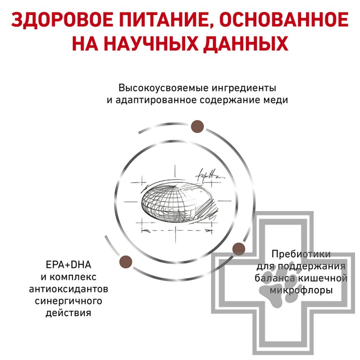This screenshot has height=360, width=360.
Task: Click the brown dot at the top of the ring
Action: pos(197,126)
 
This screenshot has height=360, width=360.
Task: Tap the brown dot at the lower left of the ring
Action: pos(125,261)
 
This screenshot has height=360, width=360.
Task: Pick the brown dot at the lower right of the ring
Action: pos(239,249)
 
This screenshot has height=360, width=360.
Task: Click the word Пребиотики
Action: pos(301,254)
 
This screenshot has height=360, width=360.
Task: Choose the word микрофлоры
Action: pos(301,290)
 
